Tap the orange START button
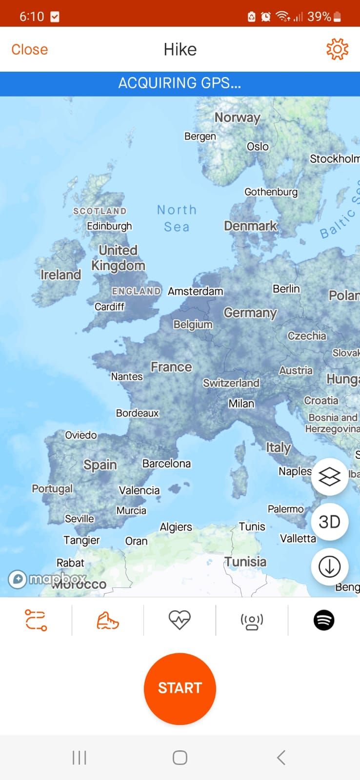[x=180, y=688]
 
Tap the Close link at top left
[x=30, y=49]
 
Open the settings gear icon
[x=337, y=49]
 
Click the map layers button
[x=329, y=477]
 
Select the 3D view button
[x=329, y=522]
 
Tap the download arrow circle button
[x=329, y=566]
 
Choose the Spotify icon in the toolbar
[x=324, y=620]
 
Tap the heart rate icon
[x=180, y=620]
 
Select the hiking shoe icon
[x=108, y=620]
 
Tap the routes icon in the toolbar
[x=36, y=620]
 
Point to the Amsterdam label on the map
[x=195, y=291]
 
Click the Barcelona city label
[x=166, y=463]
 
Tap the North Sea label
[x=177, y=218]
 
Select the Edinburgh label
[x=109, y=226]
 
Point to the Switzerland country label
[x=231, y=383]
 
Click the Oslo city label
[x=258, y=146]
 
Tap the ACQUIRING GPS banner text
[x=180, y=83]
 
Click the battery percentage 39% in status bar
[x=320, y=17]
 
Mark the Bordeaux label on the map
[x=137, y=413]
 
